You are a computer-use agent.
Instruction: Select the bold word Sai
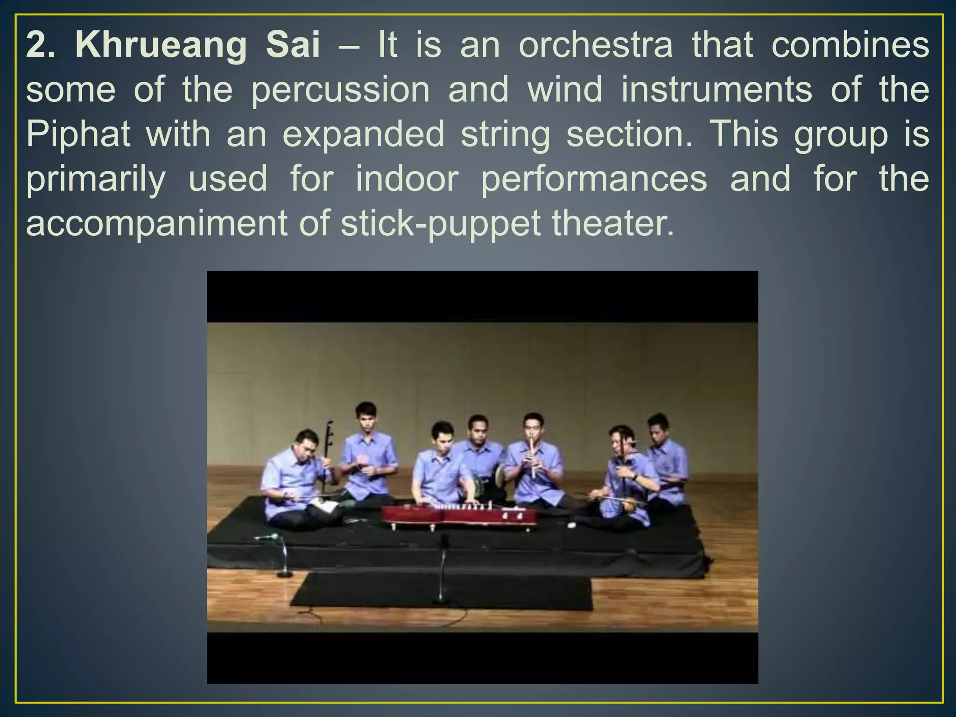click(x=293, y=45)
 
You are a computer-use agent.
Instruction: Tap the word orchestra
click(x=596, y=45)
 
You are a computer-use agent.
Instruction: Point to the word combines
click(x=850, y=45)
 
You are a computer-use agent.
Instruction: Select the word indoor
click(x=407, y=179)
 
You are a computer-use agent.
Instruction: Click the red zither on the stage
click(x=459, y=514)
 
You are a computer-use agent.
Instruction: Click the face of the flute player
click(x=533, y=427)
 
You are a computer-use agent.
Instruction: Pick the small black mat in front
click(x=441, y=591)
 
